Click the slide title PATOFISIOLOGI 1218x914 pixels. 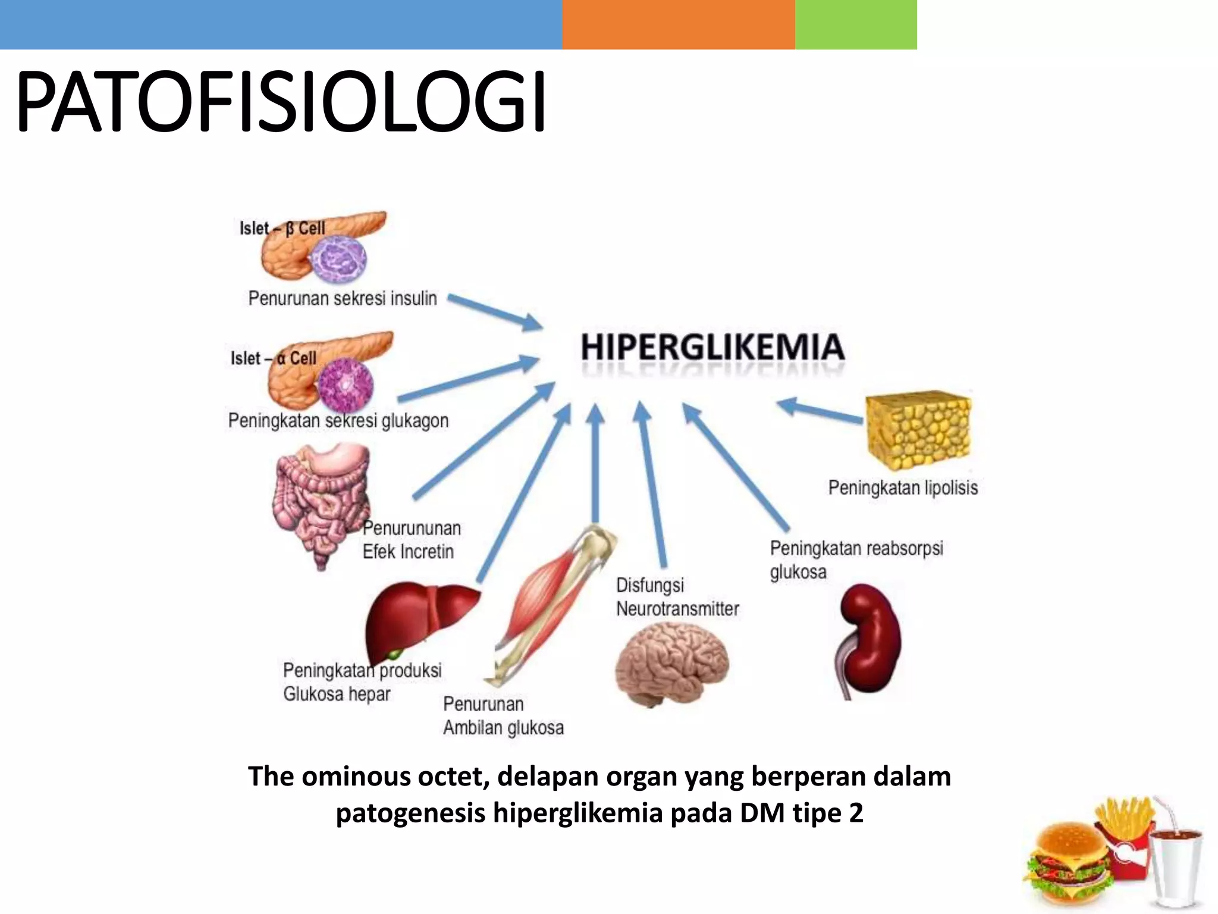pos(281,102)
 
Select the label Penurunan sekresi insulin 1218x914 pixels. pos(343,298)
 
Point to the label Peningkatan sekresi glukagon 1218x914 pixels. pos(338,421)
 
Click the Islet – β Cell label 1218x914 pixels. pos(282,228)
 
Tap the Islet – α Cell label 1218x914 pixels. pos(274,358)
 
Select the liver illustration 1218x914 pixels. pos(416,619)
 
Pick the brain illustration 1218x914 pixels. pos(671,663)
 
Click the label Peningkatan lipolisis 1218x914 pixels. pos(903,488)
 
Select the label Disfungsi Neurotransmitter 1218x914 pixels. pos(677,597)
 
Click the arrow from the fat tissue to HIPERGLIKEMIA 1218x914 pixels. pos(821,412)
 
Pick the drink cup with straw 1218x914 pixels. pos(1175,863)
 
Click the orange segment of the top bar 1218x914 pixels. pos(678,24)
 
